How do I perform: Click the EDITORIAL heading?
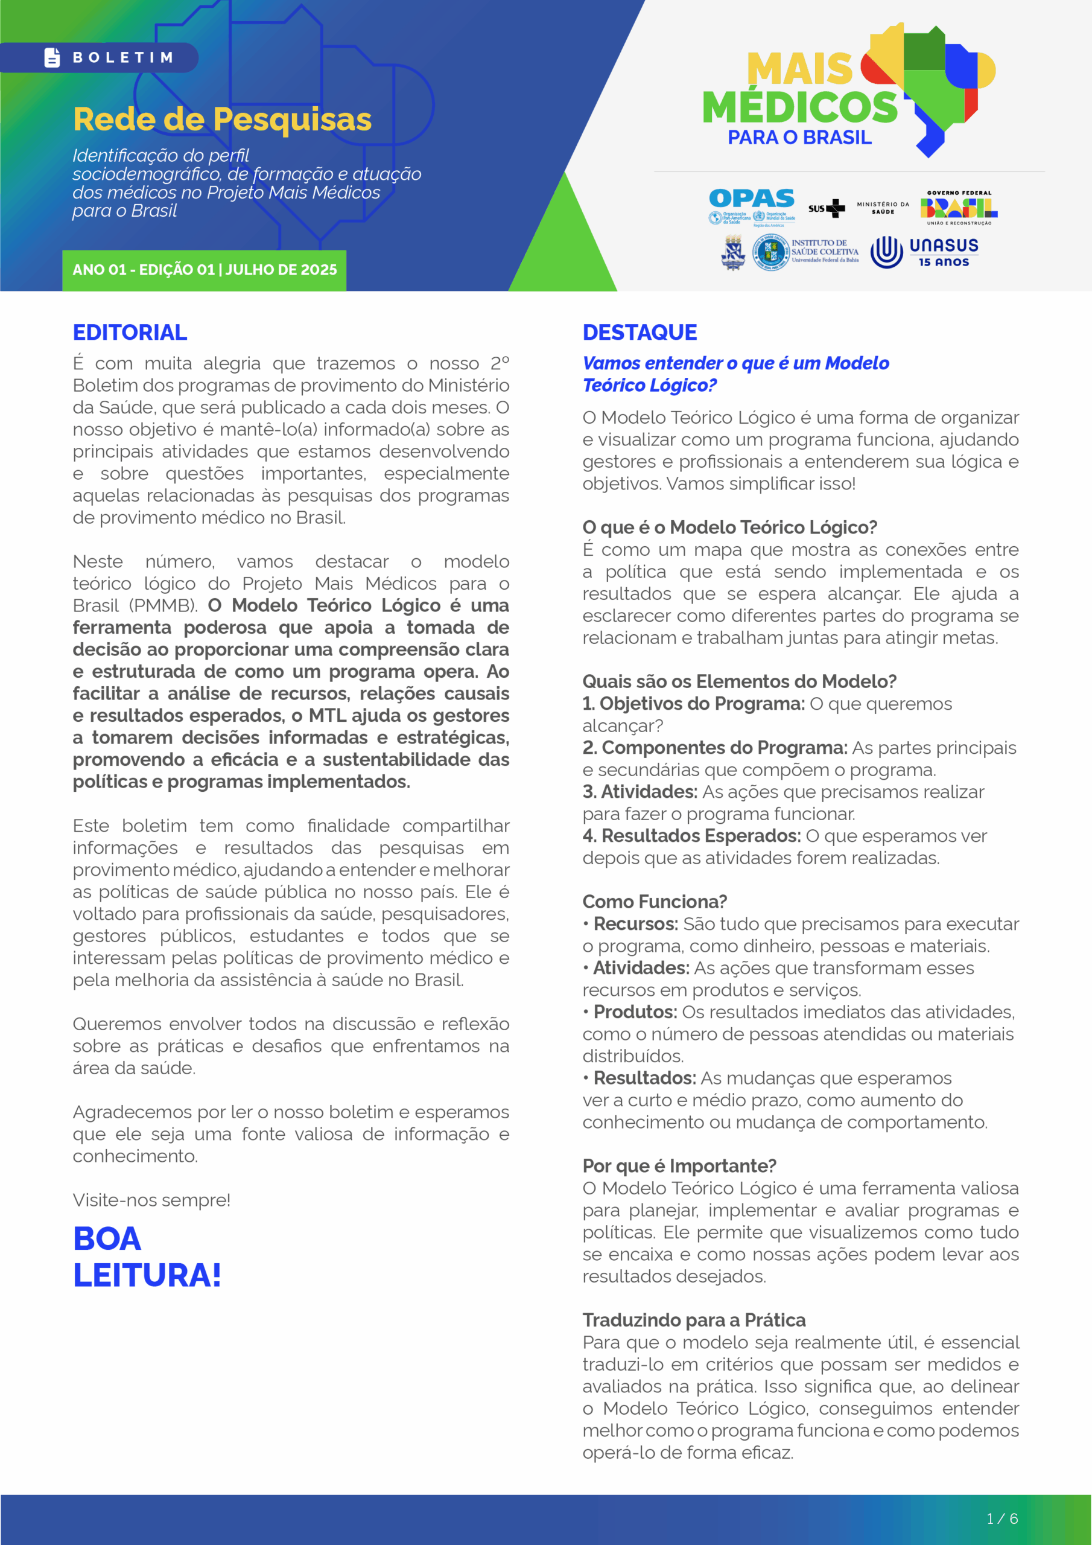point(130,333)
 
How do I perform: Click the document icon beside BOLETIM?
point(52,58)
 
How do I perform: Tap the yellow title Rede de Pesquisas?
point(222,119)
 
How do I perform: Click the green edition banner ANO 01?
point(204,270)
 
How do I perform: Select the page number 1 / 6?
point(1002,1519)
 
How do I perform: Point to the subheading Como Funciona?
point(655,902)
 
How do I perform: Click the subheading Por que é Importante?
point(679,1166)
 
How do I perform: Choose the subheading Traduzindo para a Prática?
point(694,1320)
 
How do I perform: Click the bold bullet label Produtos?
point(635,1012)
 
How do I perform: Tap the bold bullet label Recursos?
point(635,924)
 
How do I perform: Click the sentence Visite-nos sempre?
point(151,1200)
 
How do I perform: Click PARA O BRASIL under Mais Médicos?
point(799,138)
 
